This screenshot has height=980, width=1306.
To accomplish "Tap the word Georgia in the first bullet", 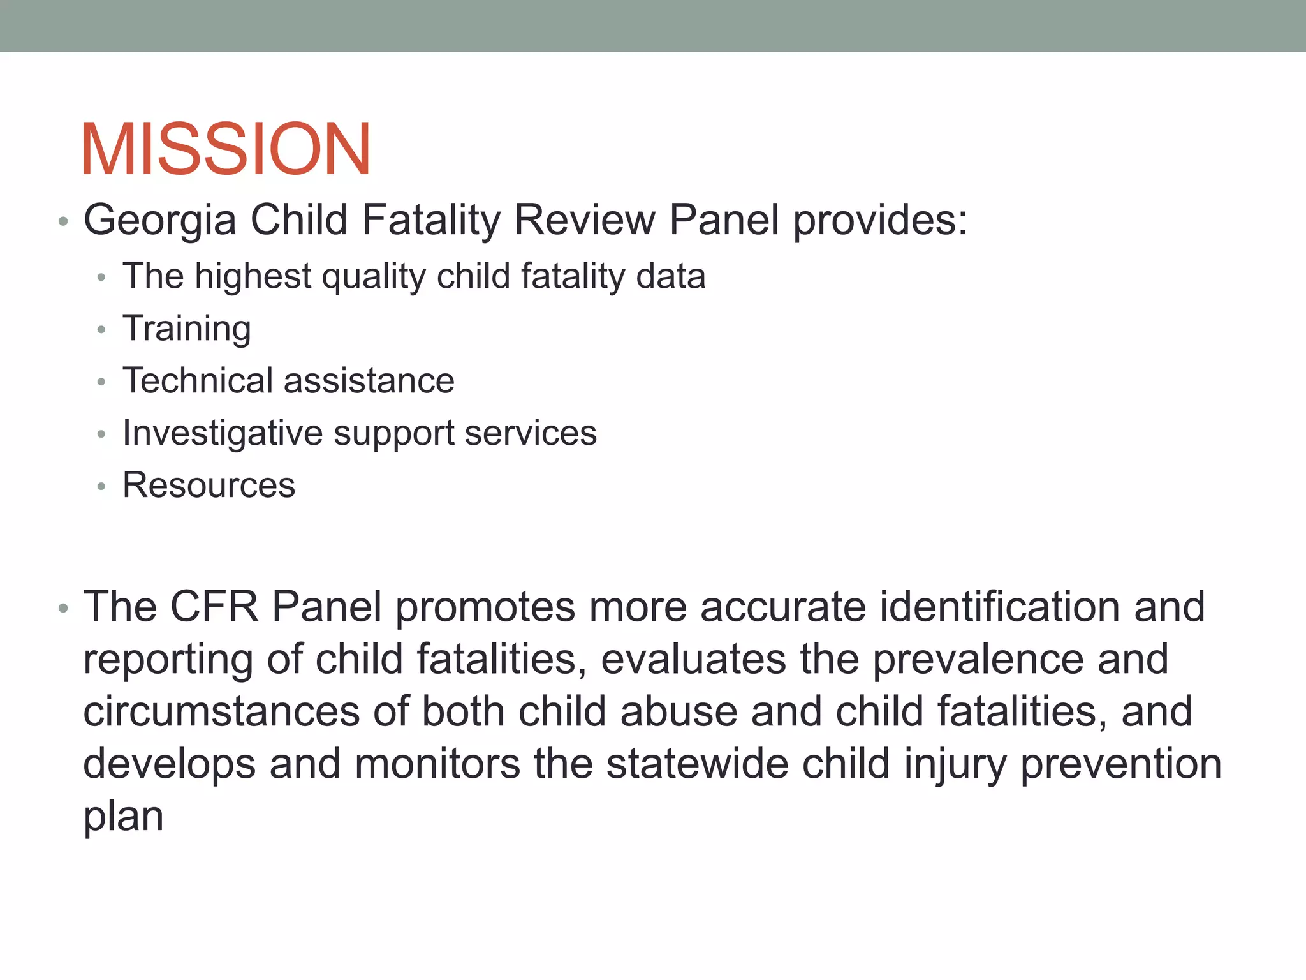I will [159, 221].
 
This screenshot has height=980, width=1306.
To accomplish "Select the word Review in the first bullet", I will [584, 221].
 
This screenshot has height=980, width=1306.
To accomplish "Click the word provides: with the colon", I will [880, 221].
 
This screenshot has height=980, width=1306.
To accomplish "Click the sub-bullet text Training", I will [186, 329].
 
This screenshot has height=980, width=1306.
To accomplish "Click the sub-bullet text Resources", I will [209, 485].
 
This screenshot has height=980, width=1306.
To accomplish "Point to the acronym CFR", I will [214, 606].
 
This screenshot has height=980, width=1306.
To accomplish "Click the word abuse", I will [679, 711].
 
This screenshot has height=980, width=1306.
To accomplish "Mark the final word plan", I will [123, 817].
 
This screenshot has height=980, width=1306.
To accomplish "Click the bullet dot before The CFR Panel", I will [62, 608].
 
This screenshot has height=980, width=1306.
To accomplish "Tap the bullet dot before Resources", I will [101, 487].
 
